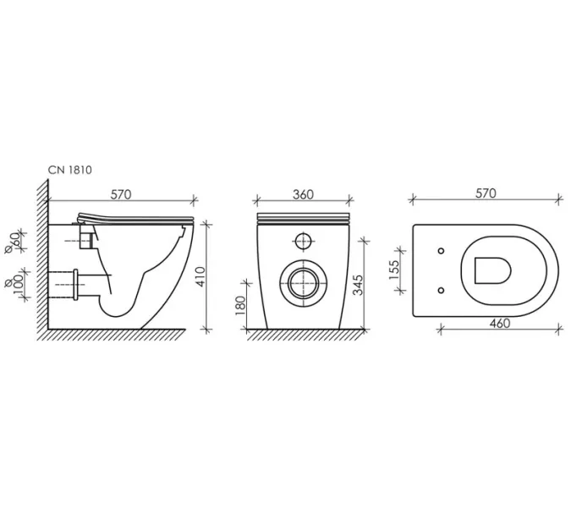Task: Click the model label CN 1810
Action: [x=70, y=170]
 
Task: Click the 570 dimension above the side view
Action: [x=121, y=194]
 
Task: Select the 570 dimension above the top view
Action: [x=486, y=194]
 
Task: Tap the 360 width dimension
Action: [x=303, y=194]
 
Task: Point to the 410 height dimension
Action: [x=201, y=276]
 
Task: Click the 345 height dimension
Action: [x=358, y=285]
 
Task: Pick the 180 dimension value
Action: [x=241, y=306]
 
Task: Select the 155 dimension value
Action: [x=394, y=270]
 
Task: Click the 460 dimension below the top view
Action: [x=500, y=323]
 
